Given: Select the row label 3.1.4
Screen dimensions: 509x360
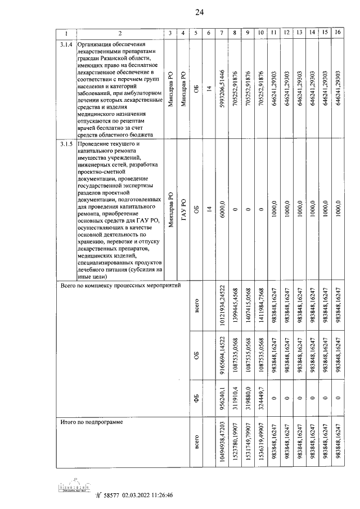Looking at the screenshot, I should tap(66, 44).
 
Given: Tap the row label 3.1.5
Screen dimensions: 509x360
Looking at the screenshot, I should tap(66, 145).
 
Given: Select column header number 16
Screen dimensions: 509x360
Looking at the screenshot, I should tap(337, 33).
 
